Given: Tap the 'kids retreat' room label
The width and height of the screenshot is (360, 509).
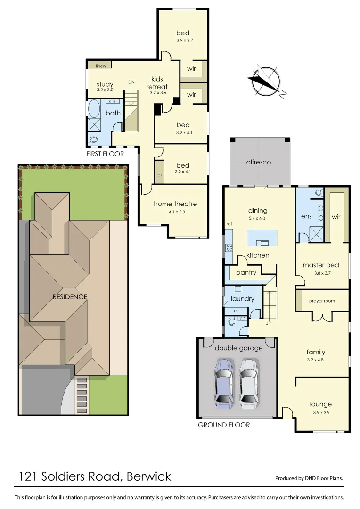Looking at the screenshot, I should tap(157, 83).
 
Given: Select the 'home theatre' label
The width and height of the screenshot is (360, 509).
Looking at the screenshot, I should tap(175, 204).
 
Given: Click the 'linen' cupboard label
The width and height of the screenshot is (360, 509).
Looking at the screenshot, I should tap(100, 66).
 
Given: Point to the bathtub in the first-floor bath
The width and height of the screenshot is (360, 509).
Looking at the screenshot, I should tap(93, 109).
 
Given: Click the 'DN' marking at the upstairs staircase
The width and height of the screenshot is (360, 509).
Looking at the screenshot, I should tap(131, 82).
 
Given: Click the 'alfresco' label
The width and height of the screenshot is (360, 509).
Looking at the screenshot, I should tap(259, 162).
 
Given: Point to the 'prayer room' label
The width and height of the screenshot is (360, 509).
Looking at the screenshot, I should tap(322, 301).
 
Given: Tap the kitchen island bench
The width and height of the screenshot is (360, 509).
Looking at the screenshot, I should tap(262, 238).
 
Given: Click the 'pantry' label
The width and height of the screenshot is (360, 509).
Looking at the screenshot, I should tap(246, 273).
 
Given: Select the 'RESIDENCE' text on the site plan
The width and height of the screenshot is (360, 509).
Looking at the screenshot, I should tap(70, 297).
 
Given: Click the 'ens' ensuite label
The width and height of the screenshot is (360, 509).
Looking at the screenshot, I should tap(306, 216).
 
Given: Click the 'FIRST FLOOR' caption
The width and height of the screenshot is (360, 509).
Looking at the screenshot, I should tap(105, 154).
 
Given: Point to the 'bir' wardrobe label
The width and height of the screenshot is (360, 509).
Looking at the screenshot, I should tap(160, 174).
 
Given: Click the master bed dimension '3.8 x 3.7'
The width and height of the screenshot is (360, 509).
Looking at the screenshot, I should tap(321, 273).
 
